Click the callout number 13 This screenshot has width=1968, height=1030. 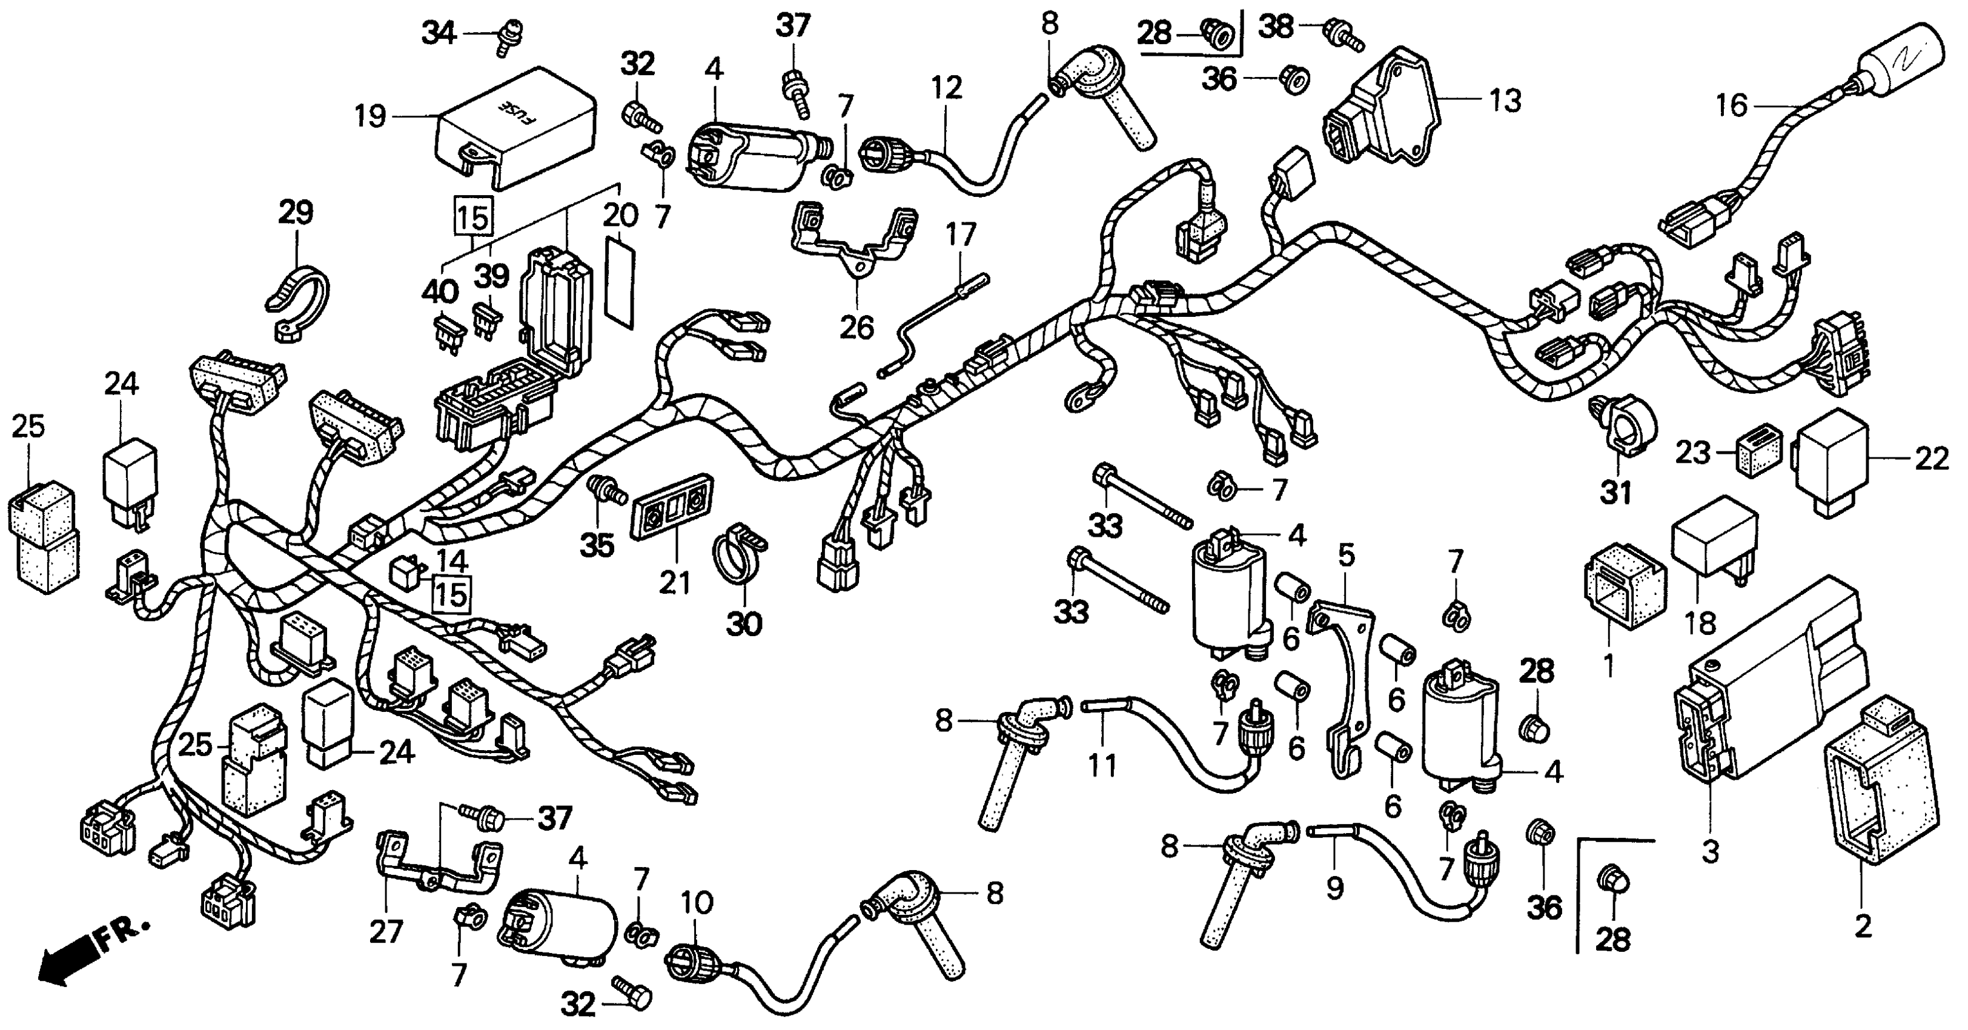tap(1505, 100)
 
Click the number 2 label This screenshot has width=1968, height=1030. tap(1863, 927)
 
